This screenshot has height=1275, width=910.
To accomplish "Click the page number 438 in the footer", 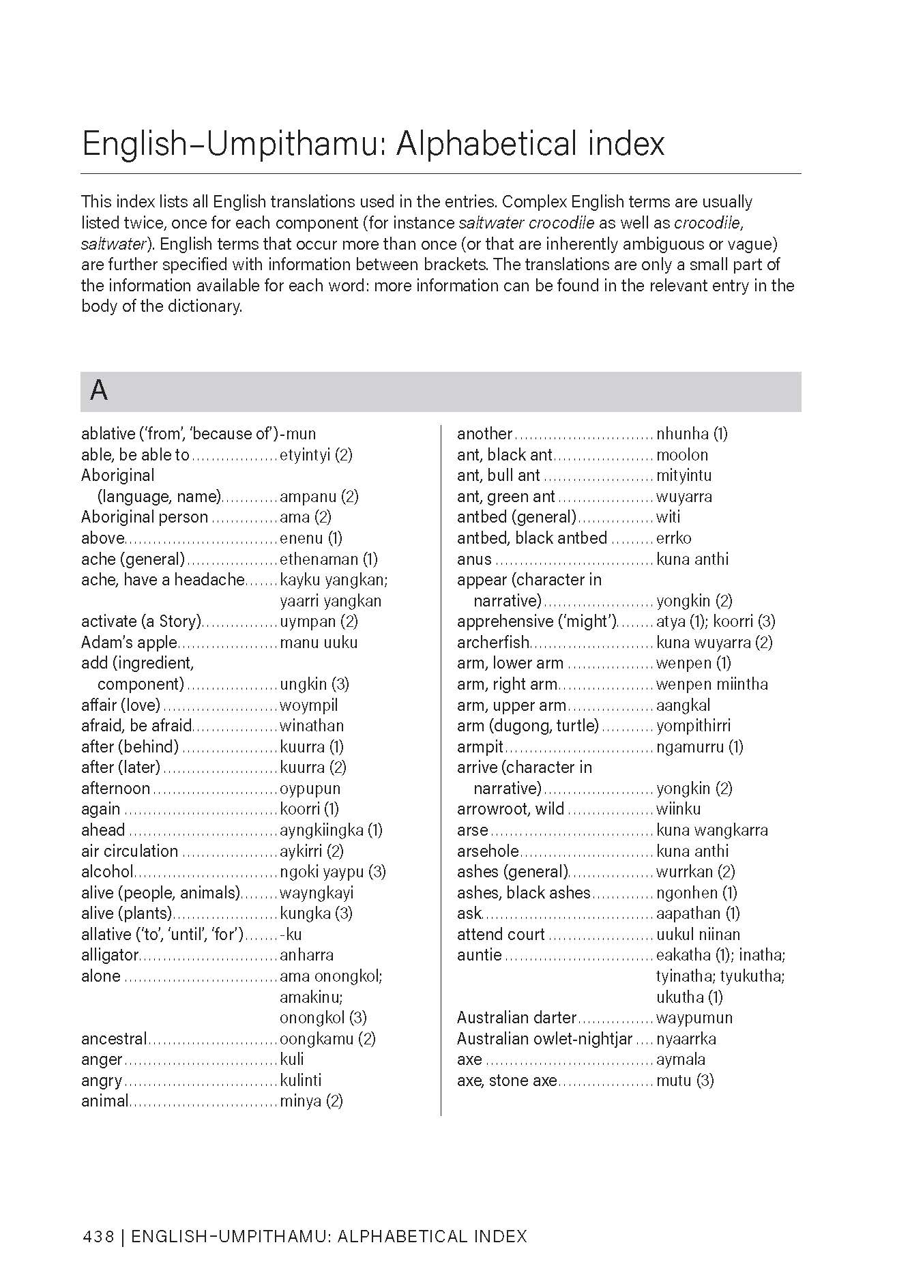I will pyautogui.click(x=98, y=1235).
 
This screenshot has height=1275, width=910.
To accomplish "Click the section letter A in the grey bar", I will pyautogui.click(x=99, y=391).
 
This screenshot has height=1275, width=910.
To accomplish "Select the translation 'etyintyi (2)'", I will pyautogui.click(x=316, y=454).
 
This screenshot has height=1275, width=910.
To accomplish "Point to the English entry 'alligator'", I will pyautogui.click(x=110, y=955).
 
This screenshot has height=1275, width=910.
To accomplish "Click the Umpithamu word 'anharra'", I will pyautogui.click(x=306, y=955).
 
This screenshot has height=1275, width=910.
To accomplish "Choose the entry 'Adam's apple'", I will pyautogui.click(x=129, y=643).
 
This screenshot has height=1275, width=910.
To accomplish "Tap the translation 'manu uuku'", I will pyautogui.click(x=319, y=643).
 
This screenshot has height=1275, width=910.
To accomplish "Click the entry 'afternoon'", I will pyautogui.click(x=115, y=789).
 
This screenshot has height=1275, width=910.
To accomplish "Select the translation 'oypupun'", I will pyautogui.click(x=310, y=789).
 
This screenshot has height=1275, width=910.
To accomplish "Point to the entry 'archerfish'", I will pyautogui.click(x=493, y=643).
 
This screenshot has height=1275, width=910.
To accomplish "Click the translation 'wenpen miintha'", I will pyautogui.click(x=711, y=684).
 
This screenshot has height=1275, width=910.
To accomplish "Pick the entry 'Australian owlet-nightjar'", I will pyautogui.click(x=545, y=1039).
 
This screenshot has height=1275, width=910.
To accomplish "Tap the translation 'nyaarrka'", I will pyautogui.click(x=686, y=1039).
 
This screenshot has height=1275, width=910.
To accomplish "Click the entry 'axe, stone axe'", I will pyautogui.click(x=507, y=1081).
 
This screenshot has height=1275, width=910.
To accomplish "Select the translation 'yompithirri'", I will pyautogui.click(x=693, y=726).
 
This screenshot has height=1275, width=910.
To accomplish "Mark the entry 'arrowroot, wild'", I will pyautogui.click(x=510, y=809).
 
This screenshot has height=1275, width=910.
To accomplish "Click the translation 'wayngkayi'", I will pyautogui.click(x=317, y=893).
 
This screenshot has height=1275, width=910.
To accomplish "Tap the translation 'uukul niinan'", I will pyautogui.click(x=698, y=935).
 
